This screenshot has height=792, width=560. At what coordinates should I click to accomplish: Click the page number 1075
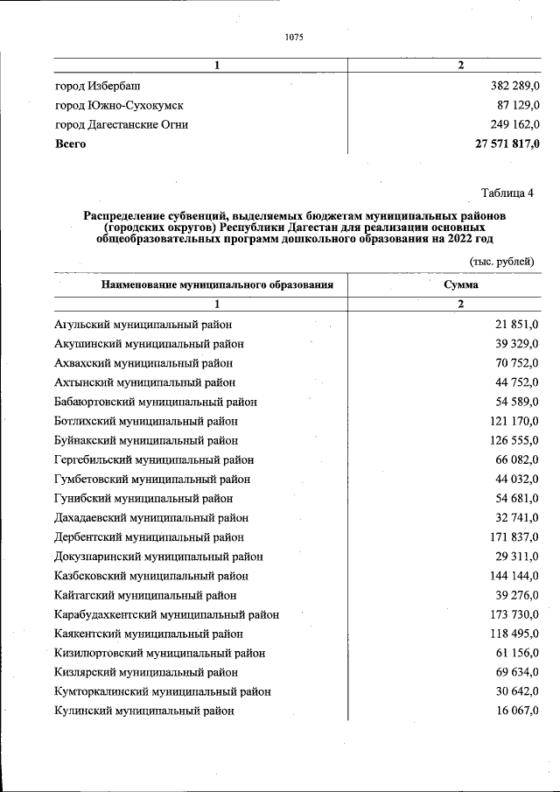point(293,37)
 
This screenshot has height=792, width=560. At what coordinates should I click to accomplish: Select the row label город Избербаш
point(97,86)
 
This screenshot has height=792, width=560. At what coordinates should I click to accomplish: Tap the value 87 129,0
point(511,105)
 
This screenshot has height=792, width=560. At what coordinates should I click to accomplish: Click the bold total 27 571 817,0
point(495,144)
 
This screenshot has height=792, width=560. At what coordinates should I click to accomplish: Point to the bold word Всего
point(70,144)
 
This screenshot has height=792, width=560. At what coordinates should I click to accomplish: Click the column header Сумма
point(460,284)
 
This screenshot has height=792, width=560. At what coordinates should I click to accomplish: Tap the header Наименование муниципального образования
point(217,284)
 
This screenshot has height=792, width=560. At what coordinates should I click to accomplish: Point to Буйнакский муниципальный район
point(145,440)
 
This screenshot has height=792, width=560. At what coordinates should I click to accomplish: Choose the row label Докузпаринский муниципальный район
point(158,557)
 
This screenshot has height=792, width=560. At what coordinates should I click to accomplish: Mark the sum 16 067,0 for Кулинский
point(514,711)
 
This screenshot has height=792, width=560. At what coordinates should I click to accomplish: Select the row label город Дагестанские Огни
point(121,124)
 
